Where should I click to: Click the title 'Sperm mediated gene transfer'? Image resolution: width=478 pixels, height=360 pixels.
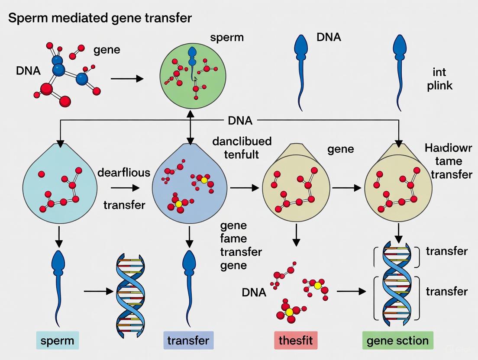pyautogui.click(x=100, y=18)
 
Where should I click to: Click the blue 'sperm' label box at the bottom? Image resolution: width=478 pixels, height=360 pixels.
pyautogui.click(x=57, y=341)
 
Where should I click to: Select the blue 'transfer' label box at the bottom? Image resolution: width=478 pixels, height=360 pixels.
pyautogui.click(x=188, y=341)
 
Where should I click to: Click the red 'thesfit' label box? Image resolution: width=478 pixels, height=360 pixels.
pyautogui.click(x=296, y=341)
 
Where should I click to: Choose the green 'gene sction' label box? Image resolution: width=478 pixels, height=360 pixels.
pyautogui.click(x=397, y=341)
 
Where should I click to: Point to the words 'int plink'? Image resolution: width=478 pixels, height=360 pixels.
pyautogui.click(x=439, y=78)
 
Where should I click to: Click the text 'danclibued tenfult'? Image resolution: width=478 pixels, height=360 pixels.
pyautogui.click(x=242, y=148)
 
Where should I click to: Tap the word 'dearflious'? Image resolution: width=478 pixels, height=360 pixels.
pyautogui.click(x=124, y=173)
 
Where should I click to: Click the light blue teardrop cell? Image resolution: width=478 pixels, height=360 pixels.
pyautogui.click(x=60, y=186)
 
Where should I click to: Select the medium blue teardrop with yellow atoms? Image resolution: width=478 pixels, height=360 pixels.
pyautogui.click(x=190, y=186)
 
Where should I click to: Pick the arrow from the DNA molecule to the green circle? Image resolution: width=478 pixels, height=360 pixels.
pyautogui.click(x=127, y=79)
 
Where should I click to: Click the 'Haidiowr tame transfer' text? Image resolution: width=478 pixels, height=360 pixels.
pyautogui.click(x=448, y=161)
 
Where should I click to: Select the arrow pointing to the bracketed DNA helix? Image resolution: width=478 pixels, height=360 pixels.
pyautogui.click(x=351, y=292)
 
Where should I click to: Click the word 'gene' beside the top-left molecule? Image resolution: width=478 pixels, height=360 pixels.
pyautogui.click(x=107, y=50)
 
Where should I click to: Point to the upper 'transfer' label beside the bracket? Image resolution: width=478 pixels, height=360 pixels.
pyautogui.click(x=446, y=251)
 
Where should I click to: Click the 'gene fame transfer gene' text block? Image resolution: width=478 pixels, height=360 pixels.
pyautogui.click(x=241, y=245)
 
